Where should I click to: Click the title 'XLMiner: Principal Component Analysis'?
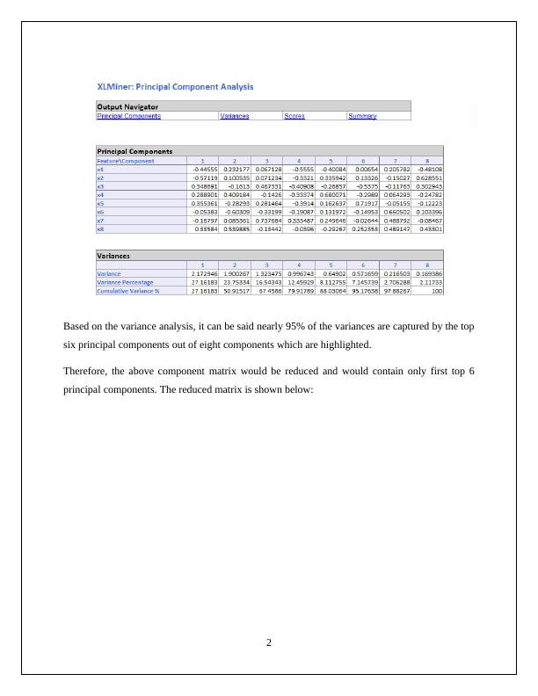pos(175,87)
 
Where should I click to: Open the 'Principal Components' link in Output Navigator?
pos(128,116)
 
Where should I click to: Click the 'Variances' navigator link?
pos(235,116)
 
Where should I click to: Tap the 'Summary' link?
pos(362,116)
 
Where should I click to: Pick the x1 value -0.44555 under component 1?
pos(205,169)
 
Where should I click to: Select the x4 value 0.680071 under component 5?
pos(333,194)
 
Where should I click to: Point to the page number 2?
pos(269,642)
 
